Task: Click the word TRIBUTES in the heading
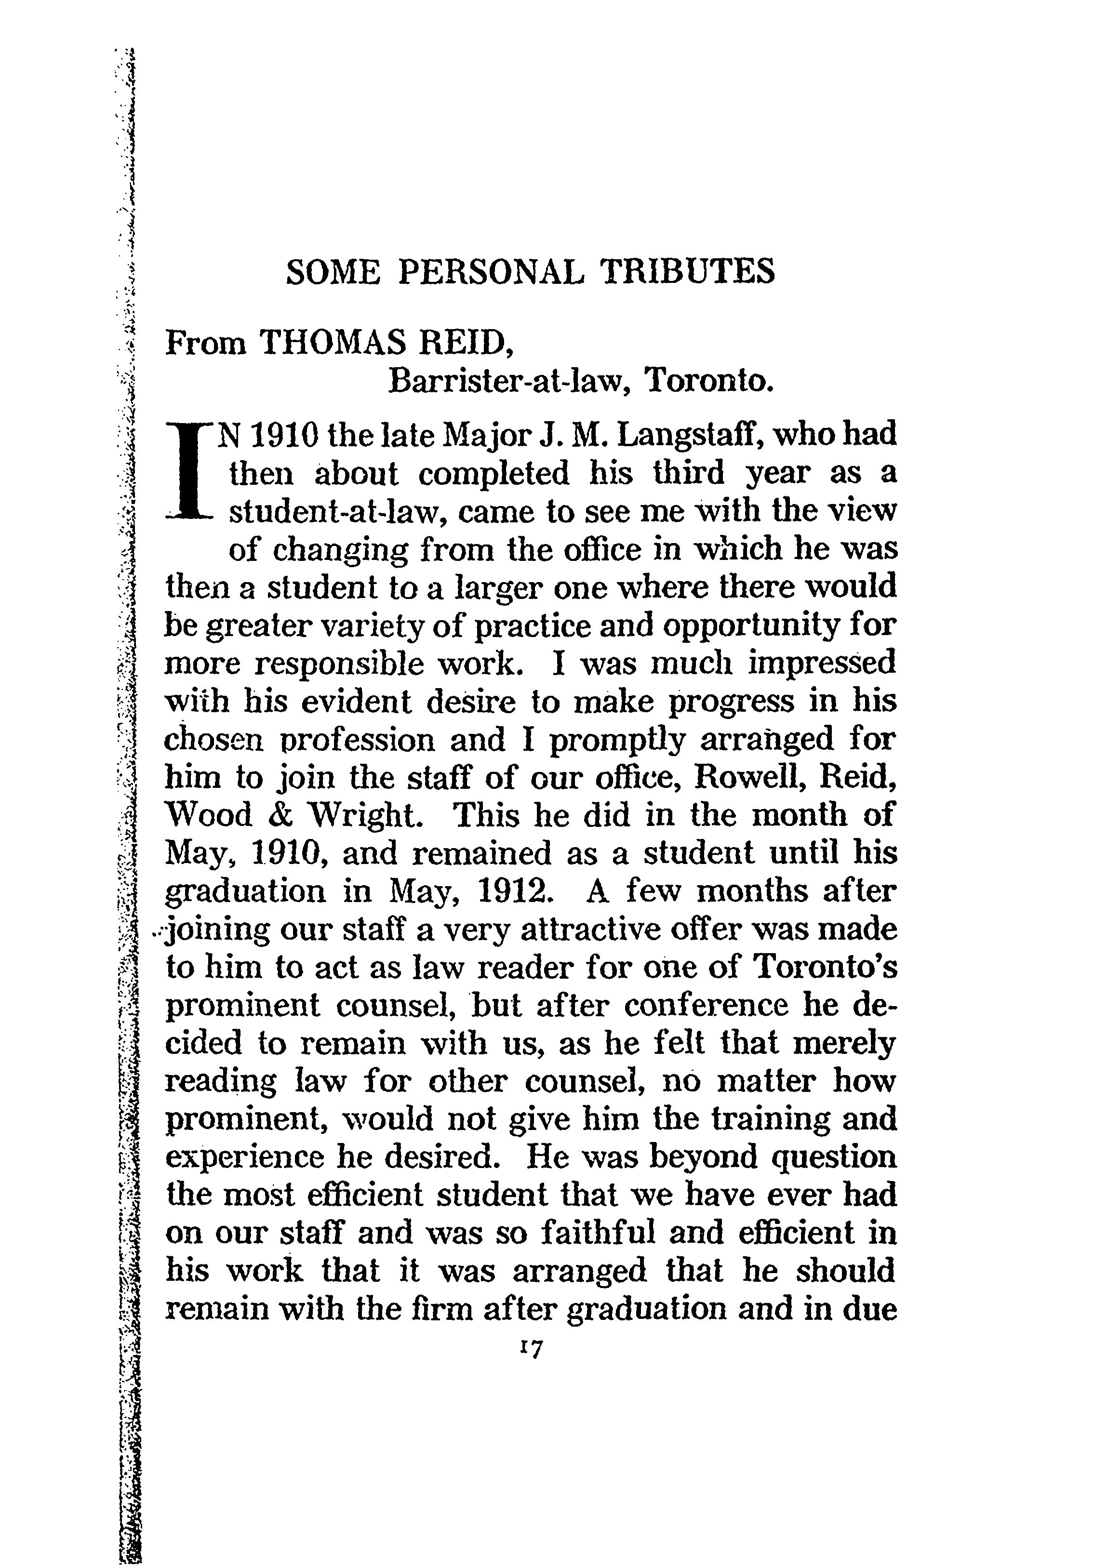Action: point(687,272)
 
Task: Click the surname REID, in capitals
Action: point(466,343)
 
